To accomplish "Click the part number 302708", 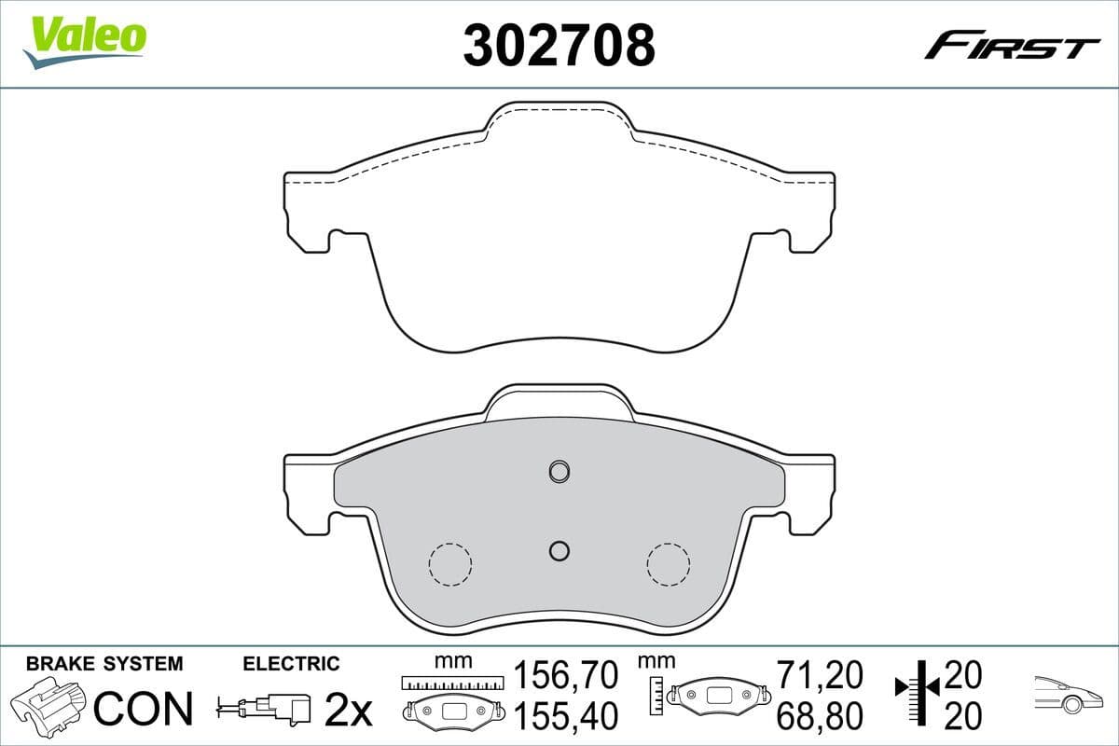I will [559, 46].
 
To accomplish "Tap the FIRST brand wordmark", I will [1011, 46].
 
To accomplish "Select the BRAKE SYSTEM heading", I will [104, 664].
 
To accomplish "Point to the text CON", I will [145, 709].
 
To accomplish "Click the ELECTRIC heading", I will [291, 664].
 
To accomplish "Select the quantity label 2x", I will [347, 711].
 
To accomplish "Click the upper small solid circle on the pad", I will [559, 471].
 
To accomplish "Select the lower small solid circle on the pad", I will [559, 551].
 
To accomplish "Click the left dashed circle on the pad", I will [449, 564].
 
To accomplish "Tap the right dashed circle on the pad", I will [669, 564].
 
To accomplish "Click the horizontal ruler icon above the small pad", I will [451, 684].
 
